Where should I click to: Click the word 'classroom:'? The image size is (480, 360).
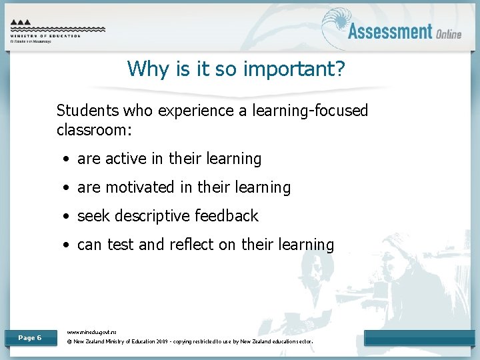pos(95,129)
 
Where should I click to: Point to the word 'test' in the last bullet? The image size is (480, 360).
pos(120,245)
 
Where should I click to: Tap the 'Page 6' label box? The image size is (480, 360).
pos(29,338)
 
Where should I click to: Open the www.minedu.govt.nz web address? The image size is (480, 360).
pos(92,331)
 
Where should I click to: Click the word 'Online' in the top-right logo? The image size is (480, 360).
pos(449,33)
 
